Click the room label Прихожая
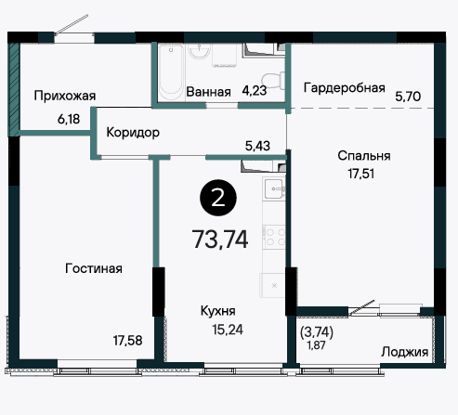65,97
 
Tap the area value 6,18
69,119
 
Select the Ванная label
208,92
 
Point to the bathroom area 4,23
255,91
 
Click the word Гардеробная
345,88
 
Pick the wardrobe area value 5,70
408,97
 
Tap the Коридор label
133,133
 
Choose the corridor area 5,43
257,146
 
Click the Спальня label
364,156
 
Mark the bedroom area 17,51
361,174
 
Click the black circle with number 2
218,198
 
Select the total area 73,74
220,240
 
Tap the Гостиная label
94,268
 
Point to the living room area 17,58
127,341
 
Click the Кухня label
218,311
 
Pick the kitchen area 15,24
228,330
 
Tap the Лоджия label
405,352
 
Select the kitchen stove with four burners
274,237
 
